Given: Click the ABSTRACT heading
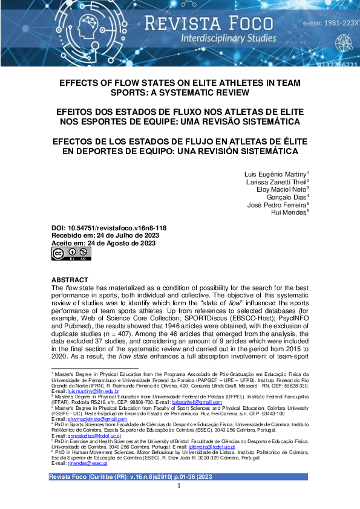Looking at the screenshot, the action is point(70,280).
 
